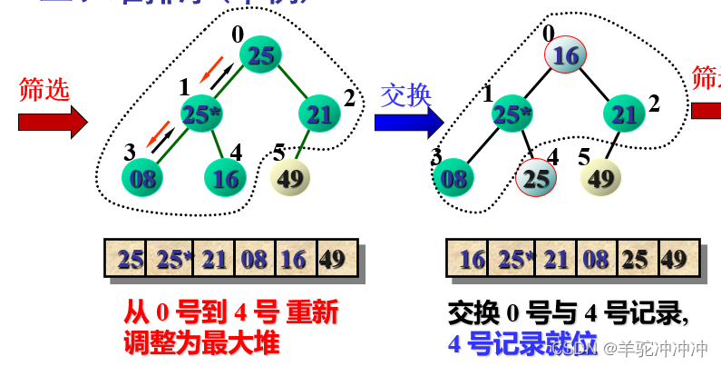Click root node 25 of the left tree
262,56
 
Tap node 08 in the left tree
143,177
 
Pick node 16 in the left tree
225,177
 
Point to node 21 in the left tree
319,114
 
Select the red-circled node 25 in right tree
537,178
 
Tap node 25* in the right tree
512,114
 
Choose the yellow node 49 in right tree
601,177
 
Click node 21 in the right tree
624,114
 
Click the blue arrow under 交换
409,121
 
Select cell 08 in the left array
255,260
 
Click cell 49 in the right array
674,260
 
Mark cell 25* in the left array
171,260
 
